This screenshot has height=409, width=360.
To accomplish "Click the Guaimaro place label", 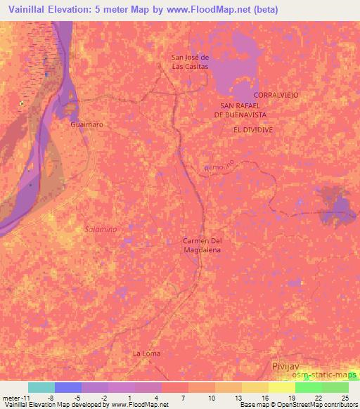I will (x=86, y=124).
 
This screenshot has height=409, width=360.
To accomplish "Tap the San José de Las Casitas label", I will (x=191, y=61).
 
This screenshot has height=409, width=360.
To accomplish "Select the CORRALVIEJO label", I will (x=278, y=93).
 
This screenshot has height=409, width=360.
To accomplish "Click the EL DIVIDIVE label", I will (x=252, y=130).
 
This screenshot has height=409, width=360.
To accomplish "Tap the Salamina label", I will (x=101, y=229).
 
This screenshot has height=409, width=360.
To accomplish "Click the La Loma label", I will (x=146, y=353).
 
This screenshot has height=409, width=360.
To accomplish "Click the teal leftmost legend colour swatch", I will (x=41, y=387).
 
